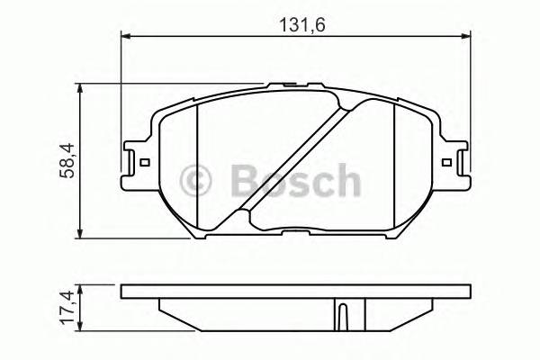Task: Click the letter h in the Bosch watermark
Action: coord(346,181)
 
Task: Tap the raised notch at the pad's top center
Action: coord(294,85)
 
